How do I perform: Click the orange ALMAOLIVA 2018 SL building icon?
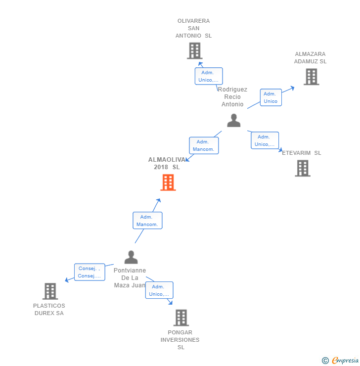pyautogui.click(x=168, y=183)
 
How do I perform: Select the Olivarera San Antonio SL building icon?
pyautogui.click(x=195, y=51)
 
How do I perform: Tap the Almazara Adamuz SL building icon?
pyautogui.click(x=311, y=77)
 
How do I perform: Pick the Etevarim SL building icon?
pyautogui.click(x=303, y=168)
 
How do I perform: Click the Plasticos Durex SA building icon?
pyautogui.click(x=50, y=291)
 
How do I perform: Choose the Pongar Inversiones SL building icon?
pyautogui.click(x=181, y=318)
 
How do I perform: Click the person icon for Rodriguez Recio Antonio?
pyautogui.click(x=233, y=120)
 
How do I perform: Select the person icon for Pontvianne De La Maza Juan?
pyautogui.click(x=131, y=257)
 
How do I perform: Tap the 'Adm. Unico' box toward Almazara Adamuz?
pyautogui.click(x=270, y=97)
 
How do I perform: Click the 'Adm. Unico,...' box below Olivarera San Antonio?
pyautogui.click(x=208, y=76)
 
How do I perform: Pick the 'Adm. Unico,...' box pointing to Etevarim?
pyautogui.click(x=265, y=140)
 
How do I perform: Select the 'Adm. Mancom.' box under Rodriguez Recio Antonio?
pyautogui.click(x=203, y=145)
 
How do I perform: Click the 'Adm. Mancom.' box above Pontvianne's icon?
pyautogui.click(x=147, y=221)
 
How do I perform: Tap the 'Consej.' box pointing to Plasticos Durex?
pyautogui.click(x=90, y=272)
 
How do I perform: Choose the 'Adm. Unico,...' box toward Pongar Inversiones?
pyautogui.click(x=159, y=290)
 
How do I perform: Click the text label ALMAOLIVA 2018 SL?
pyautogui.click(x=167, y=163)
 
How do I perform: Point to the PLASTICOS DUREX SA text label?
pyautogui.click(x=49, y=310)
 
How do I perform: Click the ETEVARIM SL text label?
pyautogui.click(x=302, y=153)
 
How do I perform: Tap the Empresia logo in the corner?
pyautogui.click(x=341, y=361)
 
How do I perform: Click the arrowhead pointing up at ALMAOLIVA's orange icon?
pyautogui.click(x=158, y=200)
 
